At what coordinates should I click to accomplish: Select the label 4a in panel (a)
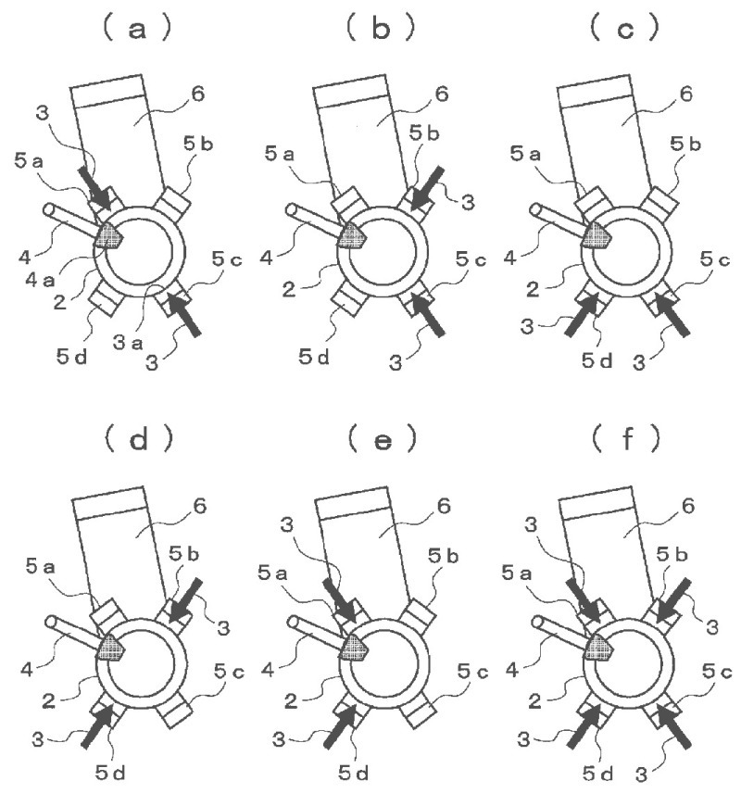point(54,273)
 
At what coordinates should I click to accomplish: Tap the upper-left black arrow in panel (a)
point(94,183)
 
